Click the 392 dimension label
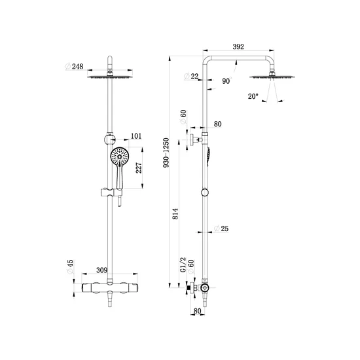[238, 46]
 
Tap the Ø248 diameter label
[74, 67]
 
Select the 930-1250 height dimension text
[166, 153]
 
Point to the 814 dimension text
[175, 214]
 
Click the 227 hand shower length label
[139, 168]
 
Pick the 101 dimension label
[136, 136]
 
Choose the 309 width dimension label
[101, 270]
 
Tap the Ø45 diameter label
[70, 267]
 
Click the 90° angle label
[226, 81]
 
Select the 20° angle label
[253, 96]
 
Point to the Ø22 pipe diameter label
[191, 76]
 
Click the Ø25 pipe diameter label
[221, 228]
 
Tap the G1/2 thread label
[183, 264]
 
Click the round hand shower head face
[120, 156]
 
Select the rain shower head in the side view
[272, 77]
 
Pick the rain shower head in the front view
[110, 77]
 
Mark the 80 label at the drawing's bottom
[197, 311]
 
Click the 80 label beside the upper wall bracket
[218, 124]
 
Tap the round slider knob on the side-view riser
[205, 192]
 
